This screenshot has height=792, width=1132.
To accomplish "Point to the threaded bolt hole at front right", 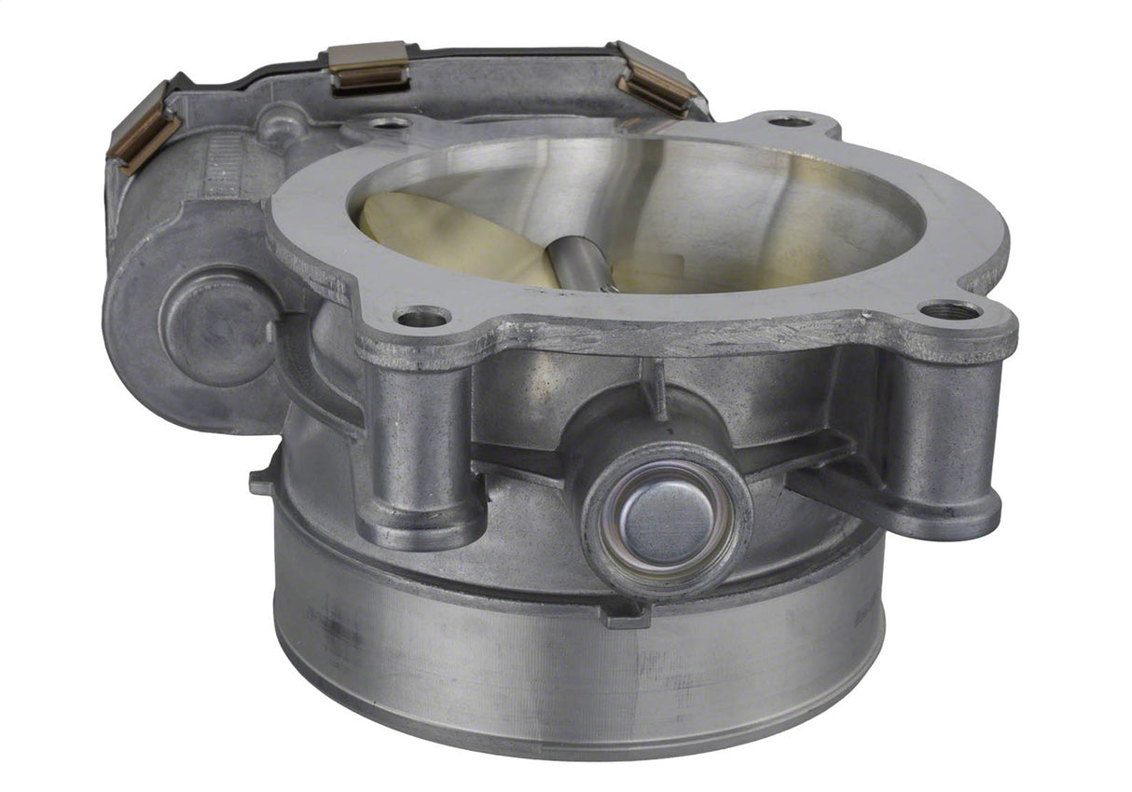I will [950, 309].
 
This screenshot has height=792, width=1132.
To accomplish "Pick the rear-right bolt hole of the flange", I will [791, 121].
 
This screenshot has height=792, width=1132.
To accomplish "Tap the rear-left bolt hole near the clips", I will [390, 122].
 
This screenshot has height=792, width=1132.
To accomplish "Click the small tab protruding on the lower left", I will [262, 483].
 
